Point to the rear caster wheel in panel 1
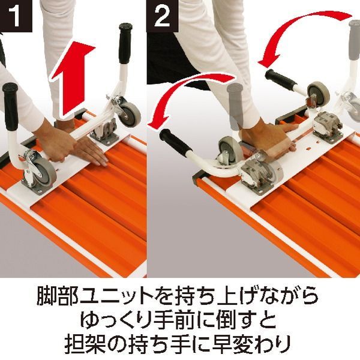(129, 112)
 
